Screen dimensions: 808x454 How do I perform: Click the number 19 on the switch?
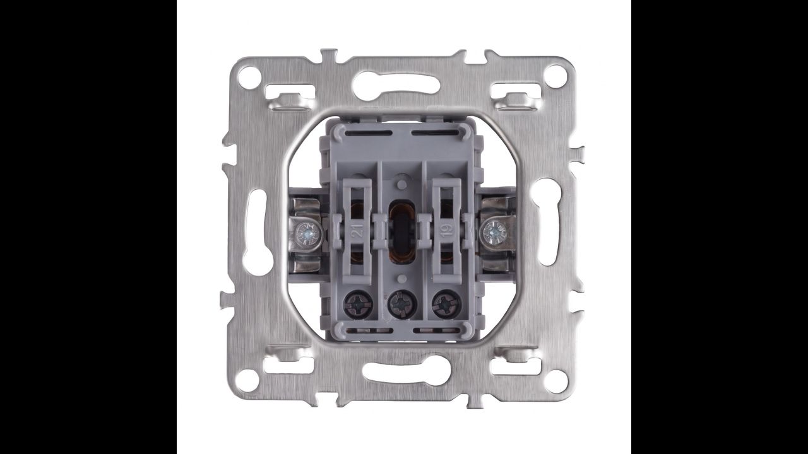pyautogui.click(x=446, y=230)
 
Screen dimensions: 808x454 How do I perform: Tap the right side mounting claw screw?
pyautogui.click(x=494, y=231)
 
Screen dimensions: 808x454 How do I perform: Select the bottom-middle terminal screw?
pyautogui.click(x=401, y=305)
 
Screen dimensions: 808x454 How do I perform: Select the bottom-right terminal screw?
pyautogui.click(x=446, y=304)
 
